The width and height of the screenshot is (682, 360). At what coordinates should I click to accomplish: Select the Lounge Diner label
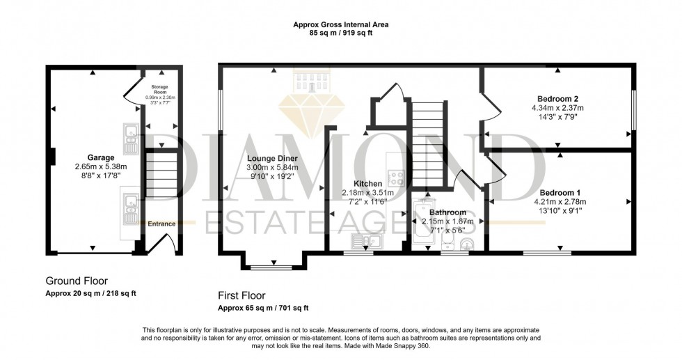click(x=272, y=158)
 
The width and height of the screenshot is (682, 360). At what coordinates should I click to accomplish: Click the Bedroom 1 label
click(x=560, y=192)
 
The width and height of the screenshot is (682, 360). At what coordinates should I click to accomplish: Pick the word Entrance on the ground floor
click(x=161, y=224)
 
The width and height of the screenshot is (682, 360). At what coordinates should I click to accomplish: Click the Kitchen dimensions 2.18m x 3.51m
click(x=367, y=193)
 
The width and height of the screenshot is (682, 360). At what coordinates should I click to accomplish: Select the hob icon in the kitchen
click(x=397, y=177)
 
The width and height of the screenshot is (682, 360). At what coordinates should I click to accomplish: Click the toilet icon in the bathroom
click(x=449, y=242)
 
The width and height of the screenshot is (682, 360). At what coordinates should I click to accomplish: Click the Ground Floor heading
click(x=77, y=281)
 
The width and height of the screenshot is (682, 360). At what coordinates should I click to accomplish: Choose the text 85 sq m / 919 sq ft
click(x=341, y=33)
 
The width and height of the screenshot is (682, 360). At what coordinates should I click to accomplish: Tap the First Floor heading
click(x=241, y=295)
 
